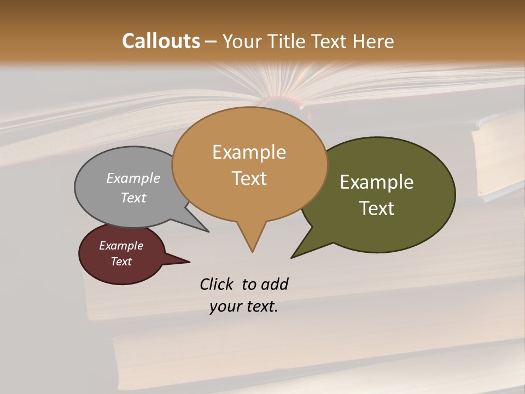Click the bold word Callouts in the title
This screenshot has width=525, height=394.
[161, 41]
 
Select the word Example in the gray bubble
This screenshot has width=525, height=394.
[133, 178]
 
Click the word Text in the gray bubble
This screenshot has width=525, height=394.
[133, 198]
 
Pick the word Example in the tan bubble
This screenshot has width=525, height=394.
[249, 152]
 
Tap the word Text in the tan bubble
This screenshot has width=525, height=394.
[249, 178]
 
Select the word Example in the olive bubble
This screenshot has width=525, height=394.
[377, 182]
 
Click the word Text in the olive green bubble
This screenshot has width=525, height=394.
[377, 208]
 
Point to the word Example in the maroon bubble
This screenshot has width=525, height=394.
[121, 246]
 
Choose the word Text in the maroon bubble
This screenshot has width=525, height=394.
[121, 262]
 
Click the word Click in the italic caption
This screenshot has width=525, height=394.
[217, 284]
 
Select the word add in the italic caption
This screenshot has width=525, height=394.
[275, 284]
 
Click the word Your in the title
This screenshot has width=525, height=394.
[242, 41]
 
